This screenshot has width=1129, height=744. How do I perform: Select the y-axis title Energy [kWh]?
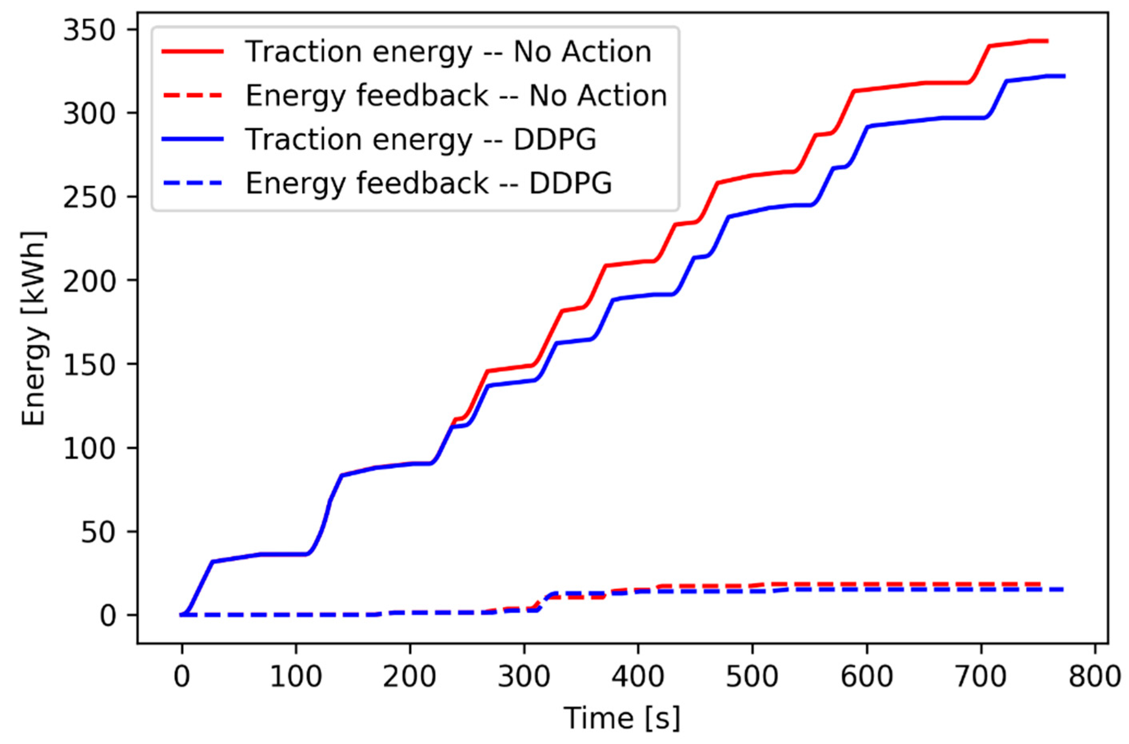(x=34, y=328)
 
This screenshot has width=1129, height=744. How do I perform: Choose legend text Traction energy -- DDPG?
(x=421, y=139)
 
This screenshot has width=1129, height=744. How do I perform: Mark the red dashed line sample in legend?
(x=192, y=95)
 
